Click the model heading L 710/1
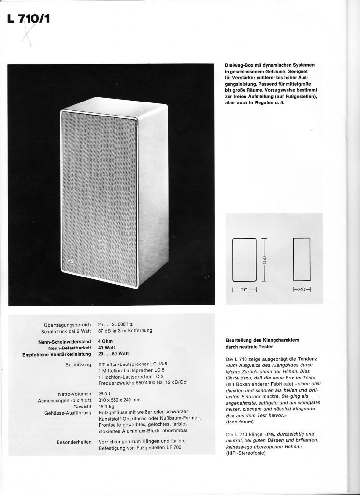pos(29,19)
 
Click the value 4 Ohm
pos(107,342)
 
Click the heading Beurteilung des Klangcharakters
pos(262,340)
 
